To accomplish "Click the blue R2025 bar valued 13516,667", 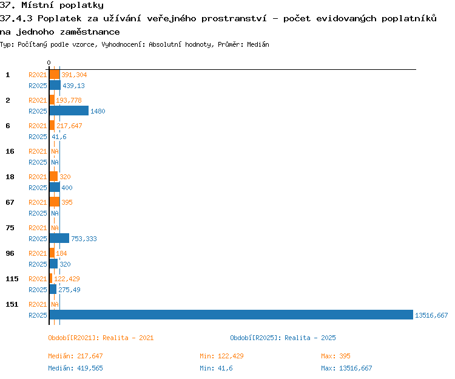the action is click(x=231, y=315).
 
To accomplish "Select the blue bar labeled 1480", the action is click(x=69, y=111).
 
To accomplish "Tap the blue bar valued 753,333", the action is click(x=59, y=238).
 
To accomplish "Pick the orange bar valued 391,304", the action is click(x=55, y=74).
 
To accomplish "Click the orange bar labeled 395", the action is click(x=55, y=202).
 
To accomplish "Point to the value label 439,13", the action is click(x=73, y=86).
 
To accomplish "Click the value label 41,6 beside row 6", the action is click(x=59, y=137).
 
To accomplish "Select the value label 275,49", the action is click(x=69, y=290).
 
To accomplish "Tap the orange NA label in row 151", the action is click(x=55, y=304).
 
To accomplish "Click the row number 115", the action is click(x=12, y=279).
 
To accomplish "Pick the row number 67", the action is click(x=10, y=202).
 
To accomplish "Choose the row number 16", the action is click(x=10, y=151).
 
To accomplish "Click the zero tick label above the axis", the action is click(x=49, y=63).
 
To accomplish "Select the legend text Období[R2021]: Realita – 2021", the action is click(x=101, y=338).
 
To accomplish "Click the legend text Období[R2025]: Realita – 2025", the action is click(x=283, y=338).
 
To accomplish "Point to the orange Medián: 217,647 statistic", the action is click(x=75, y=356).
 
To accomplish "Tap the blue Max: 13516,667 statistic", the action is click(x=346, y=368).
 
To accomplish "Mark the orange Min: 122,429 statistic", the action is click(x=221, y=356).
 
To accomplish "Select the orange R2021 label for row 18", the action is click(x=38, y=177).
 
